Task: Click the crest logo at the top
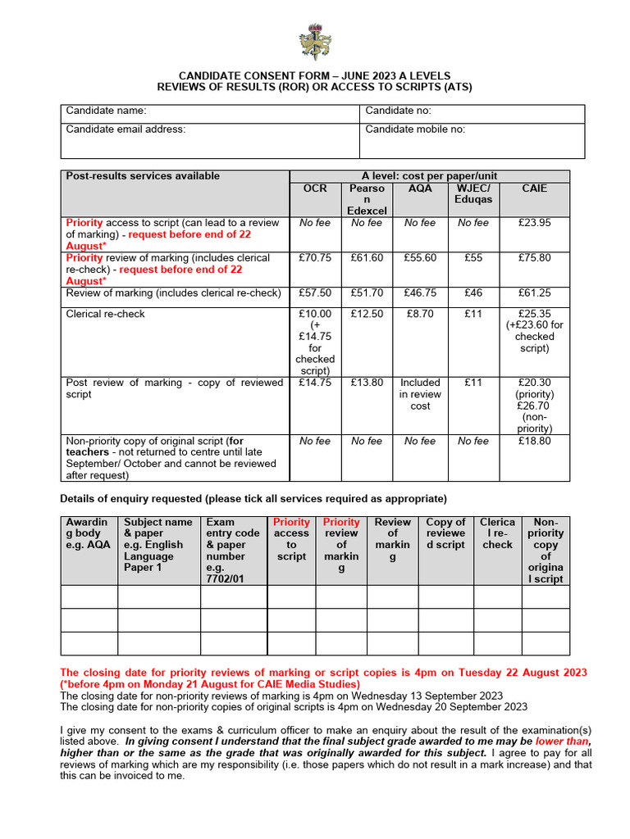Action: (x=314, y=40)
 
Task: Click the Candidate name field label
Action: (x=106, y=111)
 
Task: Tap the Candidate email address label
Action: (x=126, y=129)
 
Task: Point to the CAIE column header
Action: (x=534, y=188)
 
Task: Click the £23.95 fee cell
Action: (x=534, y=223)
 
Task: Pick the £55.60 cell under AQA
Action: (x=420, y=257)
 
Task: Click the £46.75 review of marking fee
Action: (x=420, y=293)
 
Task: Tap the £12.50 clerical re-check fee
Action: (x=366, y=314)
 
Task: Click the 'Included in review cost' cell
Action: (x=420, y=394)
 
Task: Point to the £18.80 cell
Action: (x=534, y=441)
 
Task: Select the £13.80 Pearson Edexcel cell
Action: (x=366, y=383)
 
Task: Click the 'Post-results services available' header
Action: (x=143, y=176)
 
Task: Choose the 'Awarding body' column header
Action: (x=87, y=533)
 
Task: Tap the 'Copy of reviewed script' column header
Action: (x=445, y=533)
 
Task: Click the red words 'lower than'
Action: (x=563, y=741)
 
